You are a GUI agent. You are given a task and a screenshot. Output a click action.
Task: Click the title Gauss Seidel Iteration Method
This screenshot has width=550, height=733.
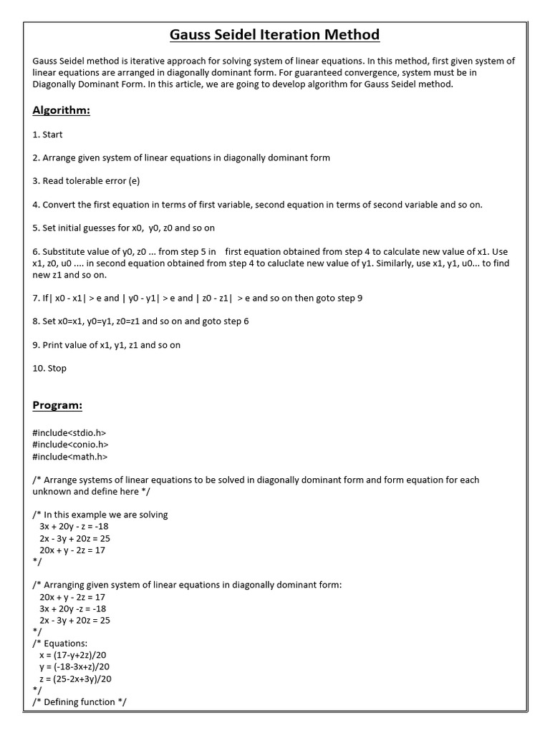pyautogui.click(x=274, y=34)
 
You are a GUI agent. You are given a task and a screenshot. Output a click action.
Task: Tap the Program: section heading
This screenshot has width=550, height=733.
pyautogui.click(x=57, y=406)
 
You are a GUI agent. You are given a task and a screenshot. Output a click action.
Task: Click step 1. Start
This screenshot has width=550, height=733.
pyautogui.click(x=48, y=134)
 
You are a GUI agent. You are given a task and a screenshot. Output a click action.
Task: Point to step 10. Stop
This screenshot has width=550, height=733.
pyautogui.click(x=49, y=368)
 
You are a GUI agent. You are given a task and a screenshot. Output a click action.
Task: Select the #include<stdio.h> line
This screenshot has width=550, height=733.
pyautogui.click(x=69, y=433)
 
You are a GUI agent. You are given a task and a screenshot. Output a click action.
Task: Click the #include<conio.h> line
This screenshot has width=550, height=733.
pyautogui.click(x=71, y=445)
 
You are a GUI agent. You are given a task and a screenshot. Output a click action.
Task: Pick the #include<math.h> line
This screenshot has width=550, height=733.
pyautogui.click(x=70, y=456)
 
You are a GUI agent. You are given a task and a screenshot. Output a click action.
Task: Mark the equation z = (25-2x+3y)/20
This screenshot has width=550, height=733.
pyautogui.click(x=75, y=678)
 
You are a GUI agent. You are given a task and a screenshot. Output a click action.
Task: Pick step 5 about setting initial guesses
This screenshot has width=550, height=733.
pyautogui.click(x=123, y=228)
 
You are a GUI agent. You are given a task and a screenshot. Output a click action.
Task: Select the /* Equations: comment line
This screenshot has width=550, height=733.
pyautogui.click(x=60, y=643)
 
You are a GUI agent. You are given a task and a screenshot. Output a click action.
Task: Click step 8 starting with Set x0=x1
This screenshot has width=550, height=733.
pyautogui.click(x=140, y=321)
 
